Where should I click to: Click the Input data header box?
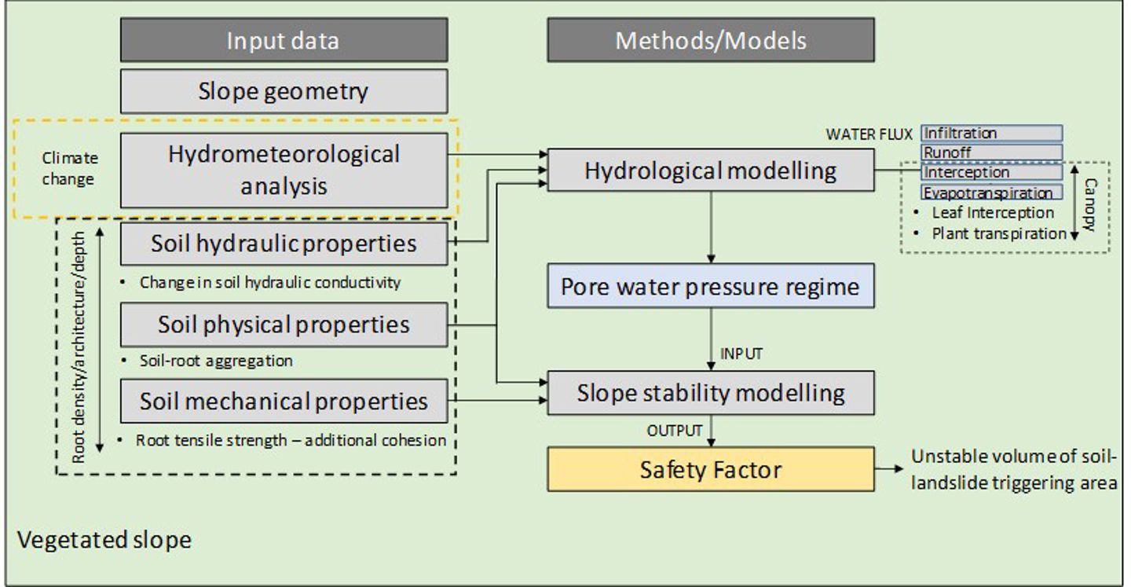click(x=284, y=41)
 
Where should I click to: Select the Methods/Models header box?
click(x=710, y=41)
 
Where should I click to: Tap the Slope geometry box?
click(x=284, y=91)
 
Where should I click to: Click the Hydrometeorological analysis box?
click(x=284, y=170)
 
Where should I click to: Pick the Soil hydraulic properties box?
click(x=284, y=244)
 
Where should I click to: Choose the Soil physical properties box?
click(x=284, y=325)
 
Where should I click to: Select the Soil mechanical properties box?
click(x=284, y=401)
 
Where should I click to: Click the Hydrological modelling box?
click(x=710, y=171)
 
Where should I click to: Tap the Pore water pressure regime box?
click(x=710, y=286)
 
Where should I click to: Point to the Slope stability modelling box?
click(x=710, y=393)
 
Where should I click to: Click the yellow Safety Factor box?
click(x=710, y=470)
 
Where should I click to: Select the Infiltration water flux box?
click(x=991, y=134)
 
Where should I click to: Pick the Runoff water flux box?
click(x=991, y=152)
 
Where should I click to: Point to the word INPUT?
click(x=741, y=354)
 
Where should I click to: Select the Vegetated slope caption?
click(x=104, y=541)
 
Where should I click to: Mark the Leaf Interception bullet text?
click(x=992, y=213)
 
